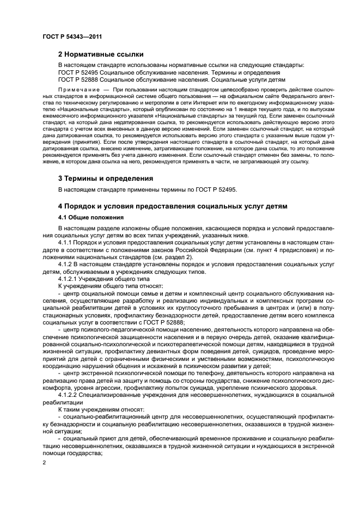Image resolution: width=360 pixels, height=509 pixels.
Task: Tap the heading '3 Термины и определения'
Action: pos(105,178)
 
